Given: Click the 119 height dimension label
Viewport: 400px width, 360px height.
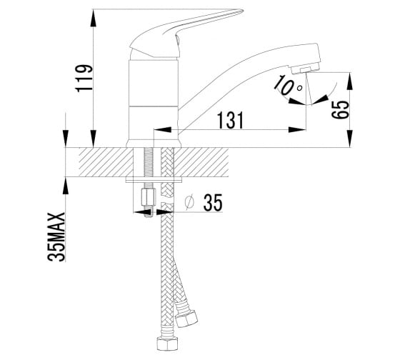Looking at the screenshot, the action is (84, 78).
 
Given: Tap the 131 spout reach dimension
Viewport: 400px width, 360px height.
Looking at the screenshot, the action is (231, 120).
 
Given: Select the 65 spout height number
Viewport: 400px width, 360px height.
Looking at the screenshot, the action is (340, 110).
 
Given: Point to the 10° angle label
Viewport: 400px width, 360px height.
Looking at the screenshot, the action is (287, 86).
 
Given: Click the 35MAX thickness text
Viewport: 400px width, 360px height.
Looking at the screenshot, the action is (56, 236).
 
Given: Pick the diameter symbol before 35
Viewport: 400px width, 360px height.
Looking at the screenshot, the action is (189, 203).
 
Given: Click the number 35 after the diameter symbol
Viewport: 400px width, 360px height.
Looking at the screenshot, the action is (213, 203).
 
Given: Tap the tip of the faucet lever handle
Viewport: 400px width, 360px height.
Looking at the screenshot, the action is (242, 11).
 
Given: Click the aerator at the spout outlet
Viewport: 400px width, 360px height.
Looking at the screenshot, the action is (306, 69).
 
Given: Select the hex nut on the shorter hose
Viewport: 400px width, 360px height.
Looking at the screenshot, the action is (186, 319).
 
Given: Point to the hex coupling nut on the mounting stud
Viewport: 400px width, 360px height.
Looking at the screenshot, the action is (149, 196).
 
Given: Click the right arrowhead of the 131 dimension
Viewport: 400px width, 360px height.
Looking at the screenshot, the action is (297, 129).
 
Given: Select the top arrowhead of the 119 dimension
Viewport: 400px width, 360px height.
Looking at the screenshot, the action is (94, 18).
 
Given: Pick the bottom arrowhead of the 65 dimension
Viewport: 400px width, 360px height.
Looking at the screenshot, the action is (350, 139).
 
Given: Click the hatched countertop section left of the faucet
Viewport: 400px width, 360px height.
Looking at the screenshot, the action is (106, 161).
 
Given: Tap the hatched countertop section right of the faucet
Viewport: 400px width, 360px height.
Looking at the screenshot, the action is (201, 161).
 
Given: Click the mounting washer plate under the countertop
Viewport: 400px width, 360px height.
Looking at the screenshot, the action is (154, 181).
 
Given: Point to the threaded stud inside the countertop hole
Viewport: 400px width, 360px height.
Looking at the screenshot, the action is (148, 162).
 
